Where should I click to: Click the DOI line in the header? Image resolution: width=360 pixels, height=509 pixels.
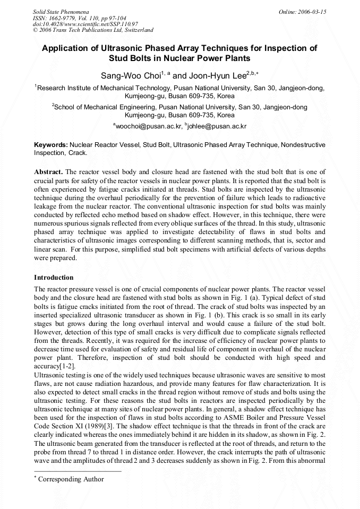tap(85, 24)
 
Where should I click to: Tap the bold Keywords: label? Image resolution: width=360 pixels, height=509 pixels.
tap(51, 144)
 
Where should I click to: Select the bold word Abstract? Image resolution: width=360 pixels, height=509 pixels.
tap(48, 172)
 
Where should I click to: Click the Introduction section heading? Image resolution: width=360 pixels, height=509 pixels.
tap(54, 278)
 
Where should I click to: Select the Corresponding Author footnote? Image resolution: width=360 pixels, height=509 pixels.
tap(71, 479)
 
